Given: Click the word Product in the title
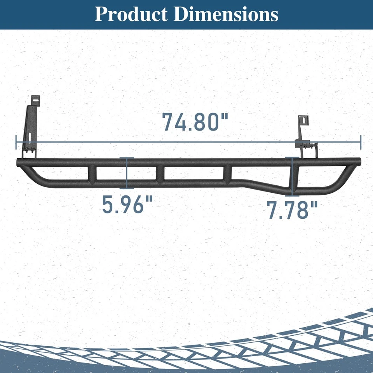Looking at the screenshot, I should (131, 14).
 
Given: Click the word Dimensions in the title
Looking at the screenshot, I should (226, 14).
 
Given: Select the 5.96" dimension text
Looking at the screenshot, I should (127, 204).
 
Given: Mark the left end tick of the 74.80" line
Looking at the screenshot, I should (16, 142).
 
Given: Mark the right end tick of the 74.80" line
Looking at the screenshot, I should (361, 142).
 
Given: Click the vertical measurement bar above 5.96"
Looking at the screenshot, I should (127, 173).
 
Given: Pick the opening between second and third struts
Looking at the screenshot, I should (193, 173).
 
